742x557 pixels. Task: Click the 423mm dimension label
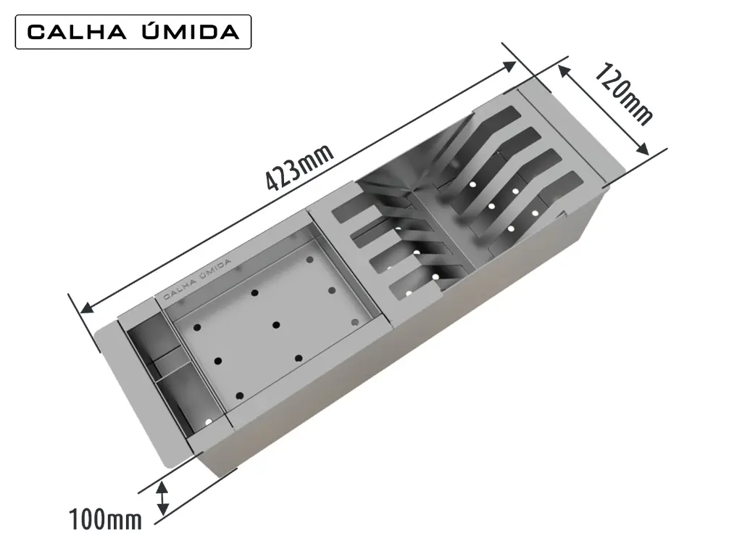[x=299, y=168]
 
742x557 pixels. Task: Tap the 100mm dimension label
[x=105, y=519]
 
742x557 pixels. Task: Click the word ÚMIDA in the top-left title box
[x=191, y=31]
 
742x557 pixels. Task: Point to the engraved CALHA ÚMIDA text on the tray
[x=197, y=280]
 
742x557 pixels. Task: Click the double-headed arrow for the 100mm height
[x=162, y=498]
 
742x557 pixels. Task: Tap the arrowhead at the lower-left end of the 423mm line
[x=87, y=308]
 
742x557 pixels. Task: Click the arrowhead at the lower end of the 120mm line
[x=643, y=149]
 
